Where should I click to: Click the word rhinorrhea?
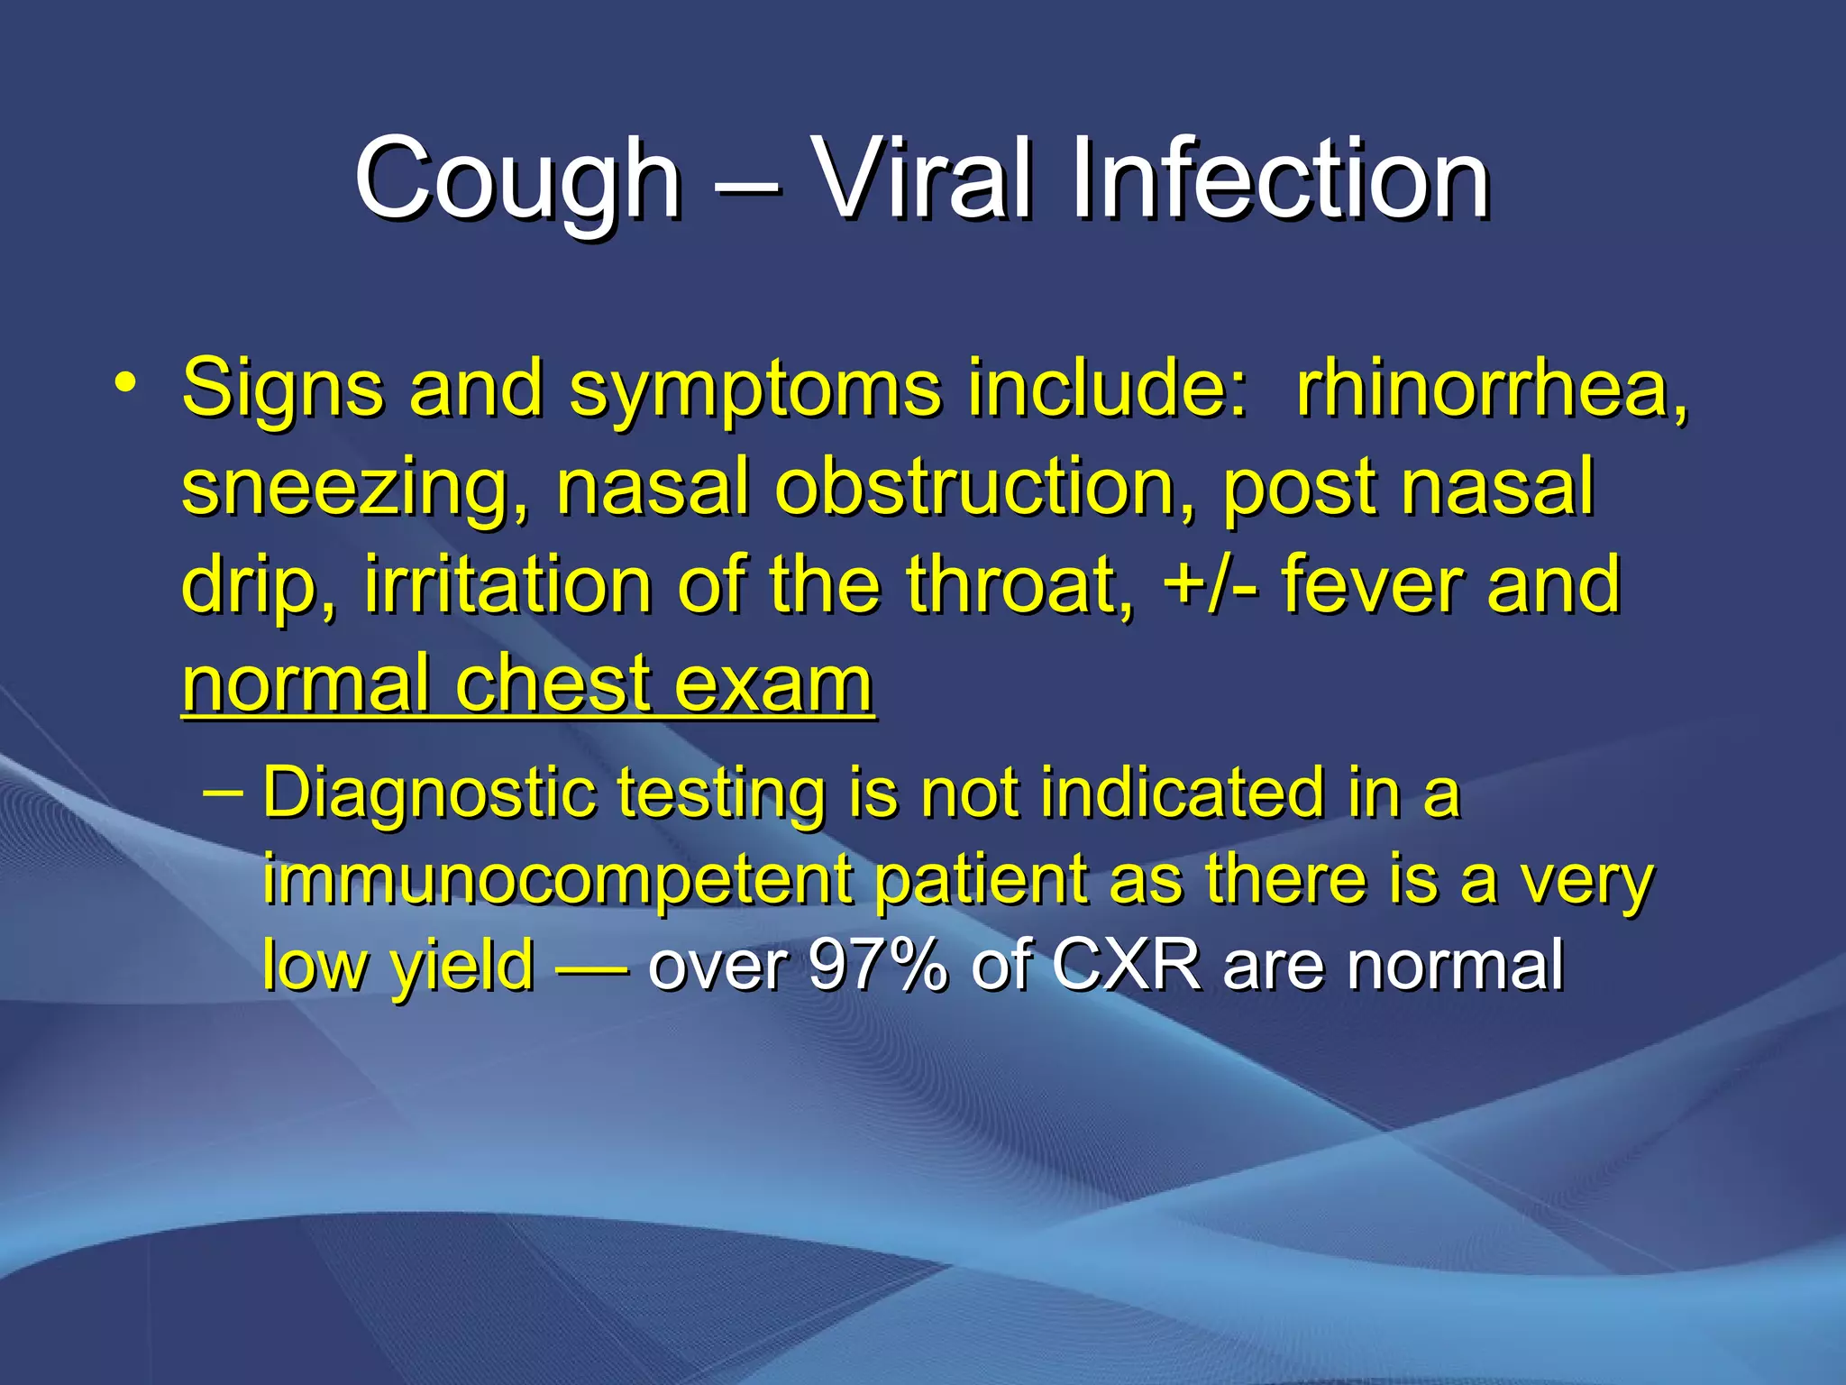1492,390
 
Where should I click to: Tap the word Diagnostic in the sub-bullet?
429,794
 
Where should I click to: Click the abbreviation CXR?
1126,966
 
